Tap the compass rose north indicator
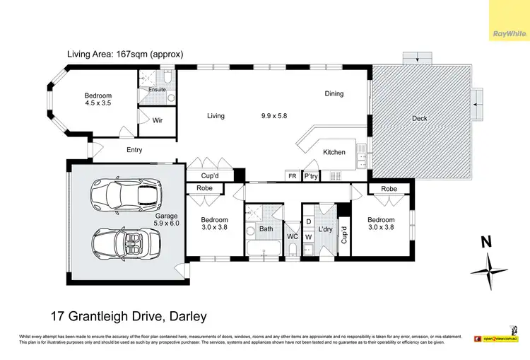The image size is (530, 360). [487, 263]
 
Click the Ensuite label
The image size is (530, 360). [157, 90]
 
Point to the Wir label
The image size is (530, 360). [158, 121]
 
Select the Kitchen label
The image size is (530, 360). [334, 152]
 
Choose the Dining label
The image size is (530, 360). [334, 93]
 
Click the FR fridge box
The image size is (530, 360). [291, 175]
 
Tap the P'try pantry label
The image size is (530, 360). [310, 175]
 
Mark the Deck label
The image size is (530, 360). [419, 118]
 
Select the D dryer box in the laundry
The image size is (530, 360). [309, 221]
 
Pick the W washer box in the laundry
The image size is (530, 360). [309, 237]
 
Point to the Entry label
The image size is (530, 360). [134, 150]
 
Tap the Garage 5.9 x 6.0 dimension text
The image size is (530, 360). [167, 220]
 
